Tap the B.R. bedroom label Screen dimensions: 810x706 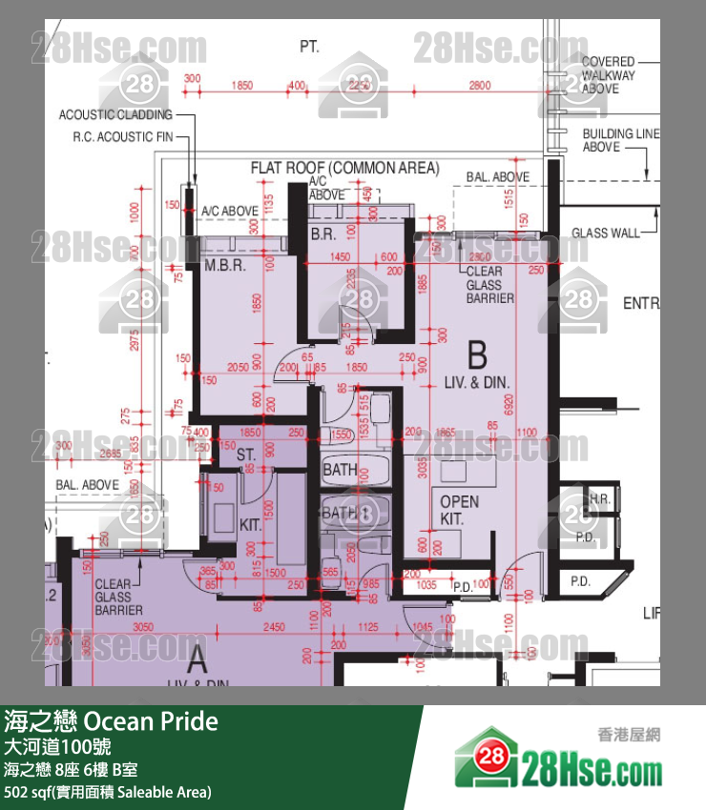tap(322, 234)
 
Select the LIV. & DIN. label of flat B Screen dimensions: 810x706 tap(477, 382)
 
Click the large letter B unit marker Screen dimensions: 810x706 tap(477, 356)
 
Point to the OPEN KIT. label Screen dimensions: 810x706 tap(459, 511)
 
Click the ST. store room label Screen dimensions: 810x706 tap(245, 456)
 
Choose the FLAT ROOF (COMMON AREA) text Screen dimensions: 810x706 tap(344, 169)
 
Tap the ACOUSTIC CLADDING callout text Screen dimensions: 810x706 tap(115, 114)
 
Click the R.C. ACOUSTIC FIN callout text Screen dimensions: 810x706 tap(123, 136)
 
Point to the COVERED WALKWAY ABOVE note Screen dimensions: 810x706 tap(608, 75)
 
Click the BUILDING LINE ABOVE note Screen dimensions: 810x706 tap(620, 141)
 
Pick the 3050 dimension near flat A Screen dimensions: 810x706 tap(142, 627)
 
